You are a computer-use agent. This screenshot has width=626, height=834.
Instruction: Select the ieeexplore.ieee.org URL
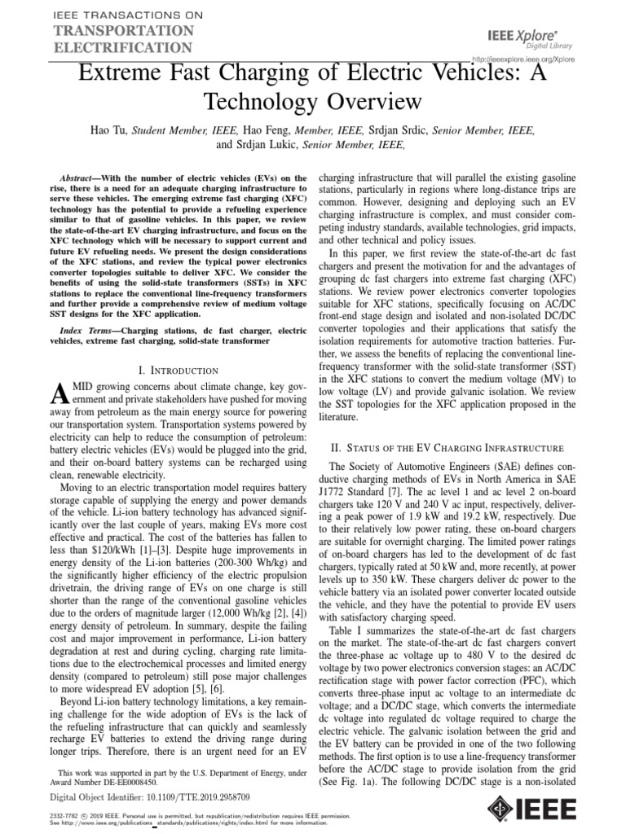click(523, 59)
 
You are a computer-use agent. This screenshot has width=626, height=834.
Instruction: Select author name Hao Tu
click(109, 130)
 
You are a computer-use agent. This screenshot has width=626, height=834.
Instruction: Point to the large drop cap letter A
click(57, 395)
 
